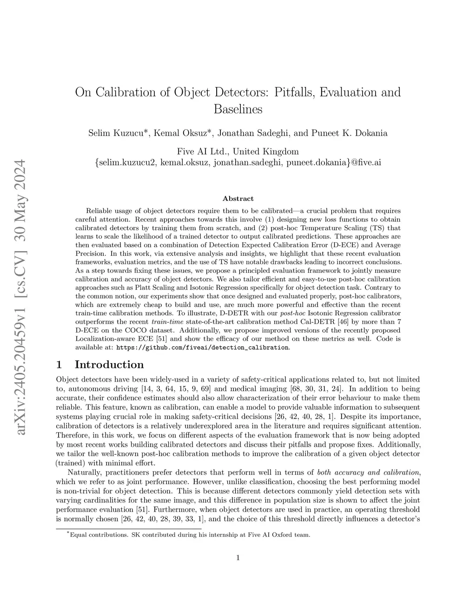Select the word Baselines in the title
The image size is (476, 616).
click(238, 110)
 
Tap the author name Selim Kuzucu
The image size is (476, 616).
click(119, 133)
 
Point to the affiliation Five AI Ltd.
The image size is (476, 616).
click(203, 152)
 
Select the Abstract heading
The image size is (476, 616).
click(238, 199)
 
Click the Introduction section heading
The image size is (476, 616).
click(109, 364)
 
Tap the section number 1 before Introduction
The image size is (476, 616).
click(59, 364)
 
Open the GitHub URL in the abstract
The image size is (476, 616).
click(202, 348)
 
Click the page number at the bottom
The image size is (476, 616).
click(238, 558)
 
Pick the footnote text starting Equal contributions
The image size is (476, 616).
click(189, 535)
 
